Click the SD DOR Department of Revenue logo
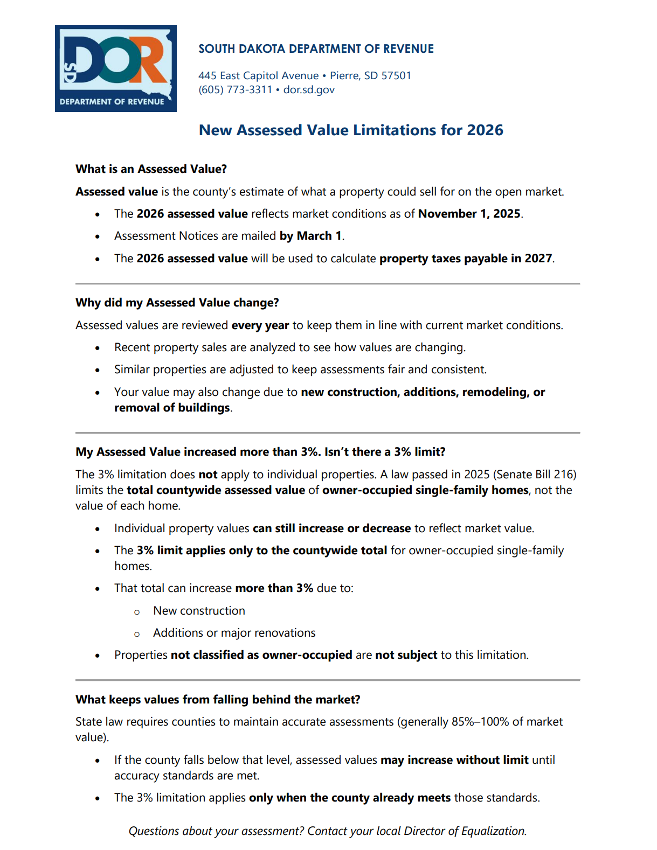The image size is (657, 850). pyautogui.click(x=115, y=68)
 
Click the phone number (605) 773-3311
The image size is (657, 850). pyautogui.click(x=235, y=90)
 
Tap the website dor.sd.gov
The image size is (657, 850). pyautogui.click(x=309, y=90)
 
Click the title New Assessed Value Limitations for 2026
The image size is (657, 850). pyautogui.click(x=351, y=130)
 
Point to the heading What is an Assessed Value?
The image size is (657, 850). pyautogui.click(x=151, y=169)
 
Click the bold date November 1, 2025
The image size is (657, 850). pyautogui.click(x=469, y=214)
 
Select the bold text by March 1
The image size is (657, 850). pyautogui.click(x=310, y=236)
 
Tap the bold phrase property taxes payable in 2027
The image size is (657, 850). pyautogui.click(x=466, y=259)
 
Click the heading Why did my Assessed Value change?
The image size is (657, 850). pyautogui.click(x=177, y=303)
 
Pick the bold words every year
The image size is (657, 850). pyautogui.click(x=260, y=325)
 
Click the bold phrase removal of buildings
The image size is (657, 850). pyautogui.click(x=172, y=408)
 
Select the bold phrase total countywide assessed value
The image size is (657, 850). pyautogui.click(x=216, y=490)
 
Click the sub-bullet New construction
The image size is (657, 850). pyautogui.click(x=199, y=611)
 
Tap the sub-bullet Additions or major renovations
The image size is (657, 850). pyautogui.click(x=234, y=633)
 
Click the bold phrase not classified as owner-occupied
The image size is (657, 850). pyautogui.click(x=261, y=655)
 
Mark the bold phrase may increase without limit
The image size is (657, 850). pyautogui.click(x=454, y=760)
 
